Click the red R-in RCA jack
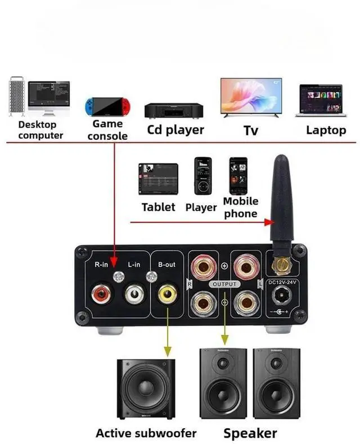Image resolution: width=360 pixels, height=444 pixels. [102, 293]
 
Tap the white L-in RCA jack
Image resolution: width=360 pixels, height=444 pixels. [135, 293]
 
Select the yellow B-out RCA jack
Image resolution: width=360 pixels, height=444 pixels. [167, 293]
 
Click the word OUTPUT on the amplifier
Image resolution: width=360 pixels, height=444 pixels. [224, 284]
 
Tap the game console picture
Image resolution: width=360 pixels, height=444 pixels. [107, 106]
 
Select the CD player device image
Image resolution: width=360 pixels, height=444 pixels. [174, 110]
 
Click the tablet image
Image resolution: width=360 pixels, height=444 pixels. [159, 179]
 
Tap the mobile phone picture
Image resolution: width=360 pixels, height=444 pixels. [238, 175]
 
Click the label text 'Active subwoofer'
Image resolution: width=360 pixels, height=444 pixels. [146, 433]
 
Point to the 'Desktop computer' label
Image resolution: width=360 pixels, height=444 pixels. [40, 130]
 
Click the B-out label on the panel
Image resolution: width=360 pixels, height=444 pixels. [166, 264]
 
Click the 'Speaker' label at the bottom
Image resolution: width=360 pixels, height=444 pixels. [250, 433]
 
